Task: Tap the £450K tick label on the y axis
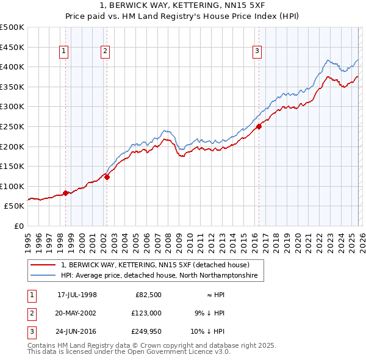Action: pos(12,47)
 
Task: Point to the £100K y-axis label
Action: pos(12,186)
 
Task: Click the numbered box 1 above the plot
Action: pos(64,52)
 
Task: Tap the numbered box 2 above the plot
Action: pos(105,52)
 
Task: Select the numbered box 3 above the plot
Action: pos(257,52)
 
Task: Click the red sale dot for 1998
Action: pos(66,193)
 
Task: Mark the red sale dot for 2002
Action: pos(107,177)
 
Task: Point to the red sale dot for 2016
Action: pos(259,126)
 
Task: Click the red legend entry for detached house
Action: pos(155,265)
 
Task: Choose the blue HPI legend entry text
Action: pos(159,276)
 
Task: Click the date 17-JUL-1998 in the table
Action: pos(77,295)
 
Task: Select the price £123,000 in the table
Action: pos(147,312)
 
